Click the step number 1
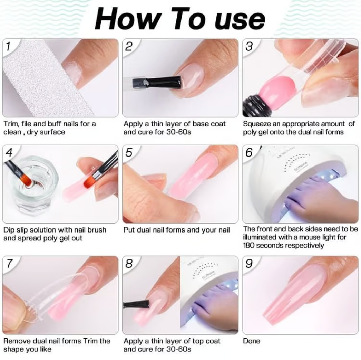tap(8, 46)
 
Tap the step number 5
tap(129, 152)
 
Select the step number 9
tap(249, 263)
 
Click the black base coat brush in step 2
tap(157, 83)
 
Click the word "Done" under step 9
tap(251, 341)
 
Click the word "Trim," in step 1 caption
tap(11, 124)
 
